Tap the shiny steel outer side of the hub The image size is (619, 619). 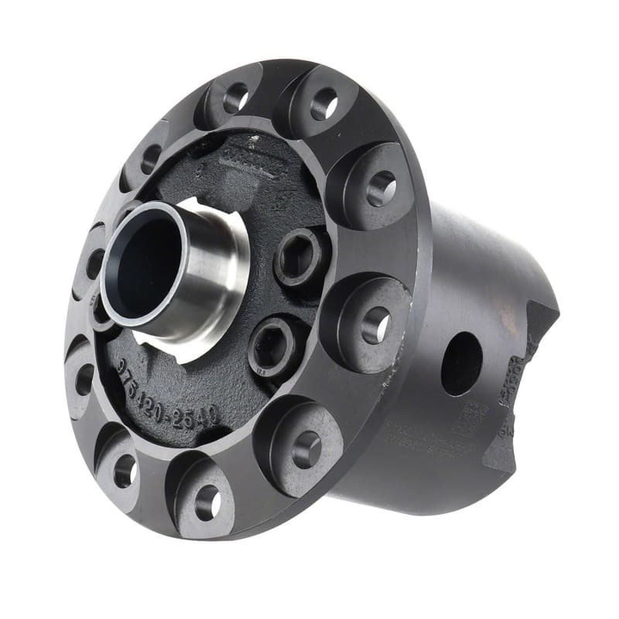pyautogui.click(x=213, y=271)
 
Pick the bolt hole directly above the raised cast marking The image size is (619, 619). pyautogui.click(x=235, y=97)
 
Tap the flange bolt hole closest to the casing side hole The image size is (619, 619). pyautogui.click(x=375, y=324)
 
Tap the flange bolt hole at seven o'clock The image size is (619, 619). pyautogui.click(x=125, y=469)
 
